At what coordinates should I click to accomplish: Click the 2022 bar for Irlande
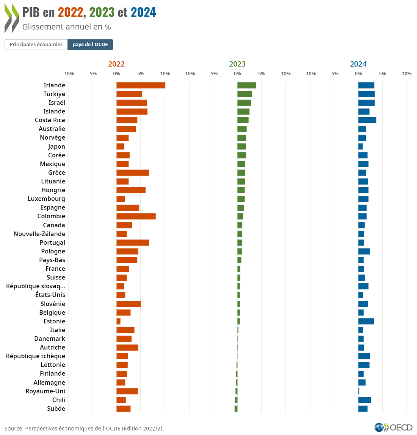point(141,85)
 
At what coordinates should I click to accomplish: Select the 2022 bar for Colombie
point(136,216)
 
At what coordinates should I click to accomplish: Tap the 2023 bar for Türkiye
point(245,94)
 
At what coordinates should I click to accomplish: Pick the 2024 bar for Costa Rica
point(367,120)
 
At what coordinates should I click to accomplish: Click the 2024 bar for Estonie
point(366,321)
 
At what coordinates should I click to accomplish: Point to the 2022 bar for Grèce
point(132,172)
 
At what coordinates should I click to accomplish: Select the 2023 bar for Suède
point(236,409)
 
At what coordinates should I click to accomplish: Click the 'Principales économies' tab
point(36,45)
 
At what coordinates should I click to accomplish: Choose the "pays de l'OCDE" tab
point(90,45)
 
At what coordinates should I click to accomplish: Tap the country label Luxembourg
point(46,199)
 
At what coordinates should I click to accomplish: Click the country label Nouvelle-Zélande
point(39,234)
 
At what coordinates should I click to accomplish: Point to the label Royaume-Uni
point(45,391)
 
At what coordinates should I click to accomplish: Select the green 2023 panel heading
point(237,64)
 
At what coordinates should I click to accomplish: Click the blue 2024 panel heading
point(358,64)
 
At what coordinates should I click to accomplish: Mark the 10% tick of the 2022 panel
point(165,73)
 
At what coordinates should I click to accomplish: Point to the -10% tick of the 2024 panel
point(310,73)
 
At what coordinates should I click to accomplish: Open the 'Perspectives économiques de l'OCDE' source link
point(94,428)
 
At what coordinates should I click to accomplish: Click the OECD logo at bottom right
point(393,427)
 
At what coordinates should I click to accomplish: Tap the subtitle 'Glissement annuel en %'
point(66,27)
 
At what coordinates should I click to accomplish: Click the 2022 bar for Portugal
point(132,242)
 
